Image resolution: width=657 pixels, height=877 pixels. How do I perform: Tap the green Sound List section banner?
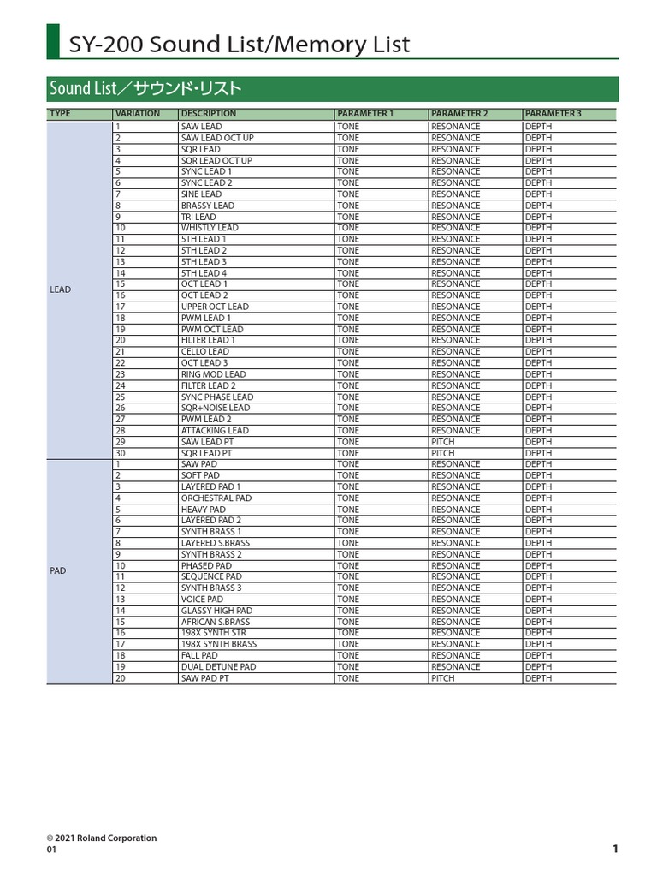click(x=145, y=89)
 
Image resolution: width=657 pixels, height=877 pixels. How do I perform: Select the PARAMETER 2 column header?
click(x=459, y=114)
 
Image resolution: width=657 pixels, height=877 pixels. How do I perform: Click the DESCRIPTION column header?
click(x=208, y=114)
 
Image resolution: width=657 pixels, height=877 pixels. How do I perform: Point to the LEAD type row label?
click(x=61, y=289)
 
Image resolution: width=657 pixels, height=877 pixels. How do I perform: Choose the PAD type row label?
click(x=58, y=570)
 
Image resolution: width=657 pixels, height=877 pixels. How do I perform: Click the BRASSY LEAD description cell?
click(x=207, y=206)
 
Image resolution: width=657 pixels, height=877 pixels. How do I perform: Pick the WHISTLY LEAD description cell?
click(x=210, y=228)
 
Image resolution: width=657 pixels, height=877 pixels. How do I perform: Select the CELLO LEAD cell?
click(x=204, y=352)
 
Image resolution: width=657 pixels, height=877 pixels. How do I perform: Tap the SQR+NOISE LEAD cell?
click(x=215, y=409)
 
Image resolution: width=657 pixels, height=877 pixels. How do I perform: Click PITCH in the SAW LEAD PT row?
click(x=443, y=442)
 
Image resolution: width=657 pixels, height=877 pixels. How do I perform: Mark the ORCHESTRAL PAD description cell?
click(x=216, y=498)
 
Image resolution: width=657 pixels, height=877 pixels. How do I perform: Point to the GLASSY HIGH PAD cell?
click(x=216, y=611)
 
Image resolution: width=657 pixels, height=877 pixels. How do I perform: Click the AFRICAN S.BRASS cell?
click(x=216, y=622)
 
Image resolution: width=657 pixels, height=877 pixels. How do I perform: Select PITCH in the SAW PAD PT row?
click(x=443, y=678)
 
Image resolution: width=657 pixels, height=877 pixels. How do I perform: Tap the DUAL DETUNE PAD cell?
click(x=218, y=667)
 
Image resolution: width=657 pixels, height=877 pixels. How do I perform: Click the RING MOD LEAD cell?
click(x=213, y=374)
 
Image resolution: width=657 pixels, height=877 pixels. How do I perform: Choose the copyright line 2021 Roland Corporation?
click(x=102, y=838)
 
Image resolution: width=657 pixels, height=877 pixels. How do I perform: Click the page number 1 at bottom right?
click(x=615, y=849)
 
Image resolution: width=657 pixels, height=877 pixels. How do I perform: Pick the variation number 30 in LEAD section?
click(x=121, y=453)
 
